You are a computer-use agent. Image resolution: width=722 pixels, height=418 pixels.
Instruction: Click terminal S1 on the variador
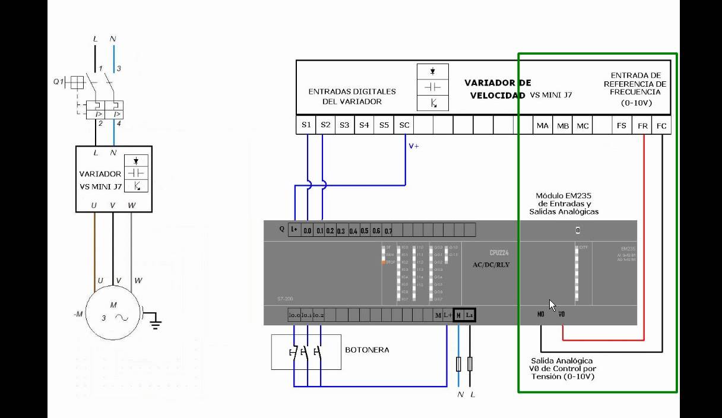[306, 125]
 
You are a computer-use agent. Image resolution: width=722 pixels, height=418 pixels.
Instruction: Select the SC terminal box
[404, 125]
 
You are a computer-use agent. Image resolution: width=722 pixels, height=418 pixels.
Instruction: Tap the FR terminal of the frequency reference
[642, 126]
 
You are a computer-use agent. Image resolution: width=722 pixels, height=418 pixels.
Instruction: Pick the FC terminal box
[661, 126]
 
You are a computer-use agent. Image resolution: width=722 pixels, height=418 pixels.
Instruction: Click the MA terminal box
[543, 126]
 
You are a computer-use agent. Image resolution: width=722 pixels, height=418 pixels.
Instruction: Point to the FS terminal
[622, 126]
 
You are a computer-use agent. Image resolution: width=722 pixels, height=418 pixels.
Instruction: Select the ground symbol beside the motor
[155, 321]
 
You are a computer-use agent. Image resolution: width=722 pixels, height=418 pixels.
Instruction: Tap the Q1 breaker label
[58, 81]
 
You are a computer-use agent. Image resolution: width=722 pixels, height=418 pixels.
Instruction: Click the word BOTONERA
[367, 350]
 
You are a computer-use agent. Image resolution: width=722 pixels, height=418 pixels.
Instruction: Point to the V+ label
[414, 145]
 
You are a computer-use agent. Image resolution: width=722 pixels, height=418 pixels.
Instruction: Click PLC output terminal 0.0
[308, 230]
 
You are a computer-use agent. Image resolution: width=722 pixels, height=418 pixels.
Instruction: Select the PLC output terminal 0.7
[388, 230]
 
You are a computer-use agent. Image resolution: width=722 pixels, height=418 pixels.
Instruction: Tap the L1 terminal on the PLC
[469, 315]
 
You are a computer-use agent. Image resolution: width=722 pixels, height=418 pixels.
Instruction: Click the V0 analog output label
[561, 314]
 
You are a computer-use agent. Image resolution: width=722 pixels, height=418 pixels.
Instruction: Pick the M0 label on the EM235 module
[540, 314]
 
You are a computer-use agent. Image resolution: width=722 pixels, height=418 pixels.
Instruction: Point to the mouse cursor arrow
[552, 305]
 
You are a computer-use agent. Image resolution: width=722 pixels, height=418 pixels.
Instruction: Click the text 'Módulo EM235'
[563, 195]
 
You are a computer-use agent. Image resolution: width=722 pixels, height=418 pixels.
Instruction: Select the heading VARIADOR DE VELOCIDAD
[498, 89]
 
